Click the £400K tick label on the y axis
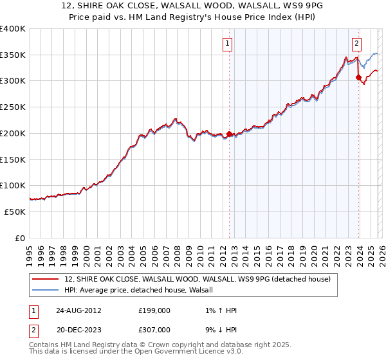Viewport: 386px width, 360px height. (x=13, y=29)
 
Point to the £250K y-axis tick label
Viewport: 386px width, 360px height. (x=13, y=107)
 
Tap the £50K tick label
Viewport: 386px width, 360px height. (x=15, y=212)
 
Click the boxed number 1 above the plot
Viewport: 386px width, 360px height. (x=228, y=44)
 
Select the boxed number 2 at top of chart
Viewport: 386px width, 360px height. (x=356, y=44)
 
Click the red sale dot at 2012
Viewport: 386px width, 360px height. (x=230, y=134)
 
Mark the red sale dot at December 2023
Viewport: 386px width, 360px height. (x=358, y=78)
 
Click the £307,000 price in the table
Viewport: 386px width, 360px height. (x=159, y=328)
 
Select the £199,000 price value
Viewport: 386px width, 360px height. (x=159, y=310)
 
